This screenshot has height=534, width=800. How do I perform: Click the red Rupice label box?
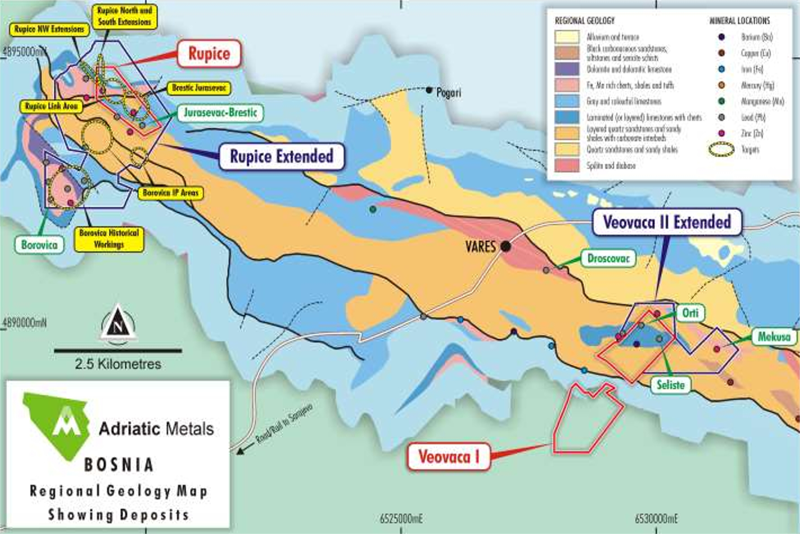209,54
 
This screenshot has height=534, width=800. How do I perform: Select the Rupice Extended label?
282,157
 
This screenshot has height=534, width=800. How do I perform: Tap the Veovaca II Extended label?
667,222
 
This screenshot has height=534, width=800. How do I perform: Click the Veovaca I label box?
448,457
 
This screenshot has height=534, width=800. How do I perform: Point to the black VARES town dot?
506,246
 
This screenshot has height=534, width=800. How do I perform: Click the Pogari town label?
448,93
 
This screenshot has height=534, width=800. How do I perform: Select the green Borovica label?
39,245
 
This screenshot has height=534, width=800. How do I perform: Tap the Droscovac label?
608,259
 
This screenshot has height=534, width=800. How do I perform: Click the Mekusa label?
773,337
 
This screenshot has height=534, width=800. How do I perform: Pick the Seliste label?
671,385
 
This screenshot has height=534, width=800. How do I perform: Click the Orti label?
690,313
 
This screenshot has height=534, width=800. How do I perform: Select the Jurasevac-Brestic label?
221,113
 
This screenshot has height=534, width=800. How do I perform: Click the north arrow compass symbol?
118,323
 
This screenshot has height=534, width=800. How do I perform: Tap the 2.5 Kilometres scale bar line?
118,351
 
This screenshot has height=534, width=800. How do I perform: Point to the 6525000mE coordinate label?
401,519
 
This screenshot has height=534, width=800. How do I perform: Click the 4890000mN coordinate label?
24,323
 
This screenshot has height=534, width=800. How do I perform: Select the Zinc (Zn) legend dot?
722,133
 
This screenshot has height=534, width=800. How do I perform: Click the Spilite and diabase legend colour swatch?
567,166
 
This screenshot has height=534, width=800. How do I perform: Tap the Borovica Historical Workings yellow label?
109,239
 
